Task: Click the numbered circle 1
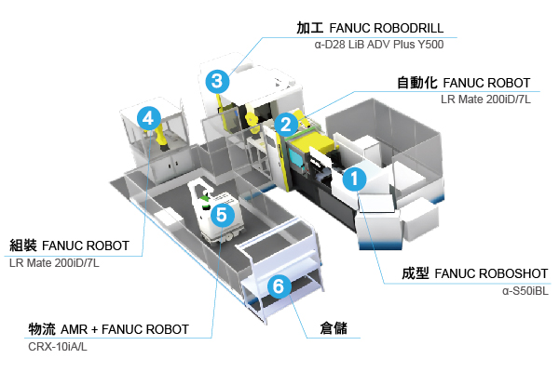tap(355, 177)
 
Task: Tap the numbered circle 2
tap(286, 122)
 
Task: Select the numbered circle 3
tap(216, 81)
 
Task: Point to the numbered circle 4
tap(147, 117)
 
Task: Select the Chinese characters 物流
tap(42, 329)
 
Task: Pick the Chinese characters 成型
tap(416, 275)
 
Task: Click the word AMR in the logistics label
tap(76, 329)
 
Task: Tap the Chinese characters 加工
tap(310, 29)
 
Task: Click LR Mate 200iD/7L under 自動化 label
tap(485, 99)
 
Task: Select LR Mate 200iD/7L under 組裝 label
tap(54, 263)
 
